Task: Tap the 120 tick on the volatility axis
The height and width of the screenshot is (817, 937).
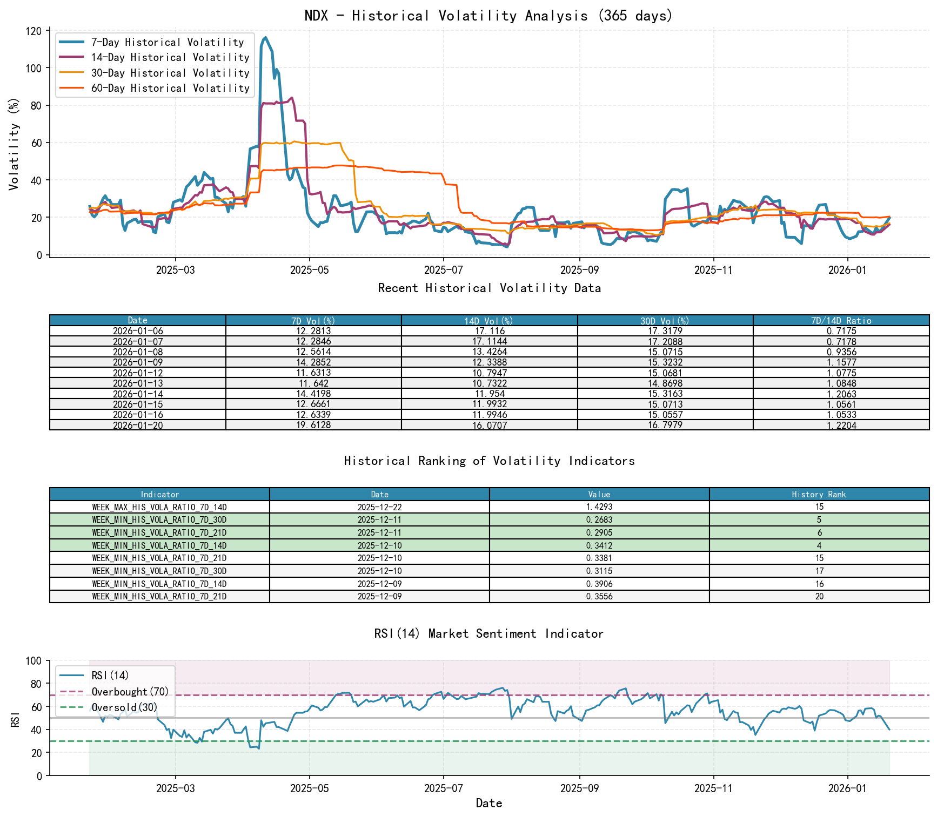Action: point(34,31)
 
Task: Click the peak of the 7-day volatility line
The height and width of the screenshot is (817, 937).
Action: point(265,37)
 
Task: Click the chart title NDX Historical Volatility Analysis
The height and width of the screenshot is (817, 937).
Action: point(488,15)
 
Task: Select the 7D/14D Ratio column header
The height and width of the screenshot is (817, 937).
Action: point(841,321)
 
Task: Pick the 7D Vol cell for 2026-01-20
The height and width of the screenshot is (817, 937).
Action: point(313,425)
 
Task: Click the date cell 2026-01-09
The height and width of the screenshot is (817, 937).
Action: point(138,362)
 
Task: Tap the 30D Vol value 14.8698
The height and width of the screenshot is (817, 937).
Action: point(665,383)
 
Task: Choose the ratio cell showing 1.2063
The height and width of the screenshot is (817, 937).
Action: point(841,394)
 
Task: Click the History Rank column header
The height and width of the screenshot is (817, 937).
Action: point(819,494)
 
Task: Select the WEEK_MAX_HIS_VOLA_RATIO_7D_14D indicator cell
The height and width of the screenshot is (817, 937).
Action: point(159,507)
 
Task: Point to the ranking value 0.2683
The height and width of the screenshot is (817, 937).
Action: point(599,519)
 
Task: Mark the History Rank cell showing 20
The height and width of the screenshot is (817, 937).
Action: point(819,596)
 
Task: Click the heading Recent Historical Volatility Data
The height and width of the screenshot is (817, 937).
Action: point(489,288)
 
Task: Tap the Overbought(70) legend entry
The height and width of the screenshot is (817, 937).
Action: point(130,692)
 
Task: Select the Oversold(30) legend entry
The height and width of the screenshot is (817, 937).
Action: point(124,707)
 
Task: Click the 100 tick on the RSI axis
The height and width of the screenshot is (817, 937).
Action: point(34,661)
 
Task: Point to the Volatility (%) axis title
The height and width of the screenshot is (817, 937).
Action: point(14,143)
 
